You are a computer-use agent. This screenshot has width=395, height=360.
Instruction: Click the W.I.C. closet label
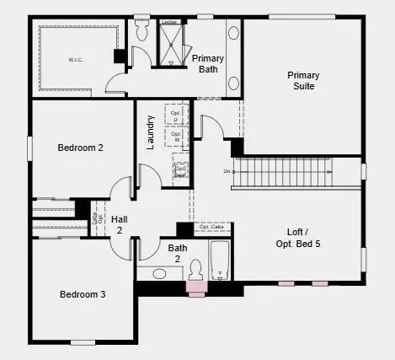76,59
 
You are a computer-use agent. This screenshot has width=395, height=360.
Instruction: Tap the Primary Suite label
303,80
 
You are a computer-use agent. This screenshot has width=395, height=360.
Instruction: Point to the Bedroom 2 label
81,148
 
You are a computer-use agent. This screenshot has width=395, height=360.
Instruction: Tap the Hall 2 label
119,224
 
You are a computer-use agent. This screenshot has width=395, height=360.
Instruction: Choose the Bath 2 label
178,253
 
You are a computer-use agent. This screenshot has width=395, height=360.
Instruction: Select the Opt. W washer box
176,135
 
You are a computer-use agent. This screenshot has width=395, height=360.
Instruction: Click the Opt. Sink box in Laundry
180,169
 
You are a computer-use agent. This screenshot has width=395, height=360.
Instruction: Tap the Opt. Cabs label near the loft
211,227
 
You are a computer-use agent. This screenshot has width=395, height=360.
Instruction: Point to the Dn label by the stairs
227,172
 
